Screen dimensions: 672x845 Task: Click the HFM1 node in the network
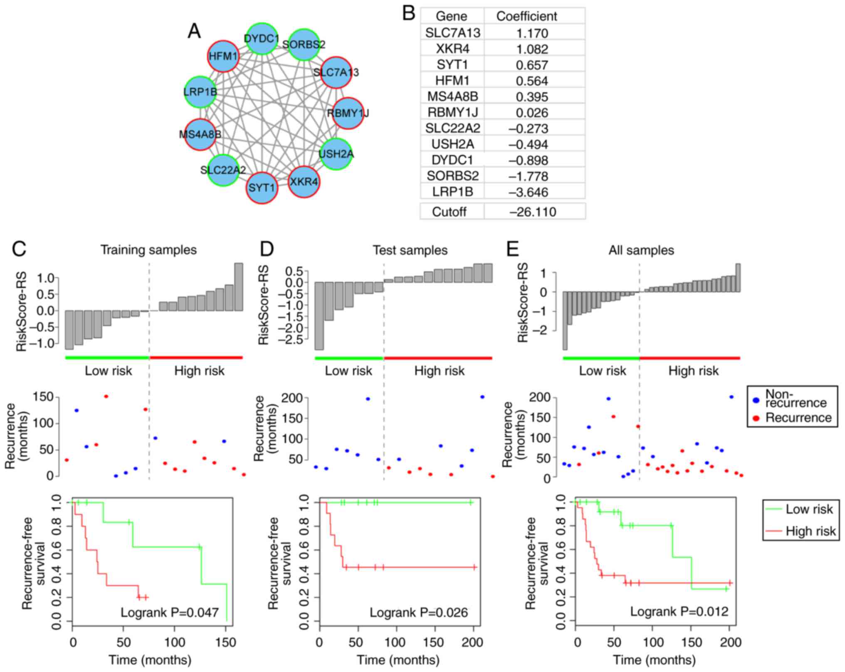pyautogui.click(x=223, y=56)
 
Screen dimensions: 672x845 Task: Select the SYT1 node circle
pyautogui.click(x=262, y=188)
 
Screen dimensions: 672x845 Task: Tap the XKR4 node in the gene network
pyautogui.click(x=304, y=182)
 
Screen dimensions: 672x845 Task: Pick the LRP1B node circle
pyautogui.click(x=200, y=92)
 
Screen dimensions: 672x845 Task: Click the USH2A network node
pyautogui.click(x=336, y=154)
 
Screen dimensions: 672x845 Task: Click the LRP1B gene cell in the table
pyautogui.click(x=452, y=192)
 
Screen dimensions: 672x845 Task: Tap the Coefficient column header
pyautogui.click(x=526, y=16)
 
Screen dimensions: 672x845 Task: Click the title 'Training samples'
pyautogui.click(x=148, y=250)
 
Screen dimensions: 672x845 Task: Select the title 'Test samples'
pyautogui.click(x=410, y=251)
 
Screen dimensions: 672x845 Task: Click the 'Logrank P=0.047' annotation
pyautogui.click(x=170, y=613)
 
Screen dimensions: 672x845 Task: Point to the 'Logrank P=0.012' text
pyautogui.click(x=679, y=611)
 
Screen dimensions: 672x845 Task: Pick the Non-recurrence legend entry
pyautogui.click(x=795, y=399)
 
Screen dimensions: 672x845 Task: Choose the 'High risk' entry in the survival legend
pyautogui.click(x=810, y=532)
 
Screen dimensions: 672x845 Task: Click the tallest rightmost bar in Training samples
pyautogui.click(x=239, y=287)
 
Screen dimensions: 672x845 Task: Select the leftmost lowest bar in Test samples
pyautogui.click(x=319, y=316)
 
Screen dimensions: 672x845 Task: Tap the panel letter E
pyautogui.click(x=512, y=249)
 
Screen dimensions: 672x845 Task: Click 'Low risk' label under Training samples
pyautogui.click(x=108, y=371)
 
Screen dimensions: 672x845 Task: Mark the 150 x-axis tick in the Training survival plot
pyautogui.click(x=225, y=642)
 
